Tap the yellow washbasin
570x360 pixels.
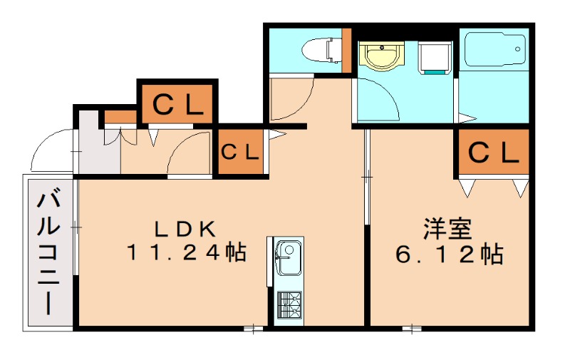coord(381,56)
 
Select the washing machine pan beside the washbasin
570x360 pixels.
coord(434,57)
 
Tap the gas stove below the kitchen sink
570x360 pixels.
coord(288,306)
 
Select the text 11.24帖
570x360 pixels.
coord(187,252)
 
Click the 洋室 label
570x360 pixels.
coord(447,230)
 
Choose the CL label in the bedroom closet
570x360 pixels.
coord(493,153)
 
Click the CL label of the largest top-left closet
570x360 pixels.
coord(177,105)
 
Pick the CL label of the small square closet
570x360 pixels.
coord(239,152)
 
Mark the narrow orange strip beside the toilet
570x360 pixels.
coord(347,50)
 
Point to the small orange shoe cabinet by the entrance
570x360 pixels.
coord(120,116)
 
